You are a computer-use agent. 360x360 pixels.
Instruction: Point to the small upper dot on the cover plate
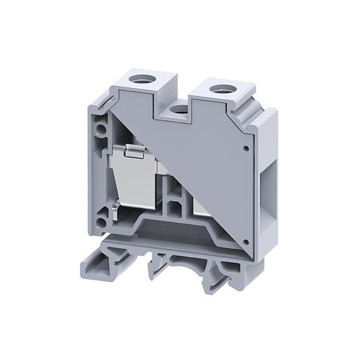pyautogui.click(x=243, y=148)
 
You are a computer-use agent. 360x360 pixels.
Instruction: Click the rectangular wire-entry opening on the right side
pyautogui.click(x=268, y=182)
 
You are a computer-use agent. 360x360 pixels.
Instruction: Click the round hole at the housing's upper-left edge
pyautogui.click(x=105, y=130)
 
